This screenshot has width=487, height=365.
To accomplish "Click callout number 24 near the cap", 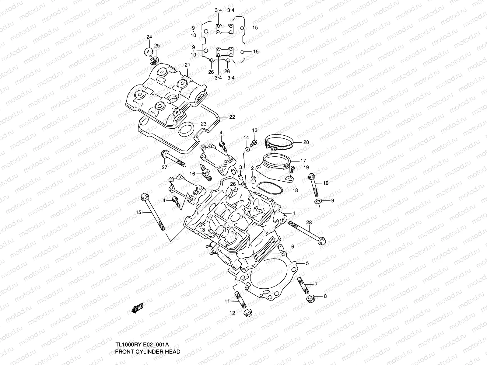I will point(149,37).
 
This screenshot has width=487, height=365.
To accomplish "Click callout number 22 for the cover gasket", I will point(232,117).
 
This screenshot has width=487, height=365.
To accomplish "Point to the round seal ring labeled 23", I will point(186,129).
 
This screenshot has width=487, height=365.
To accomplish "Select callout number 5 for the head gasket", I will point(307,263).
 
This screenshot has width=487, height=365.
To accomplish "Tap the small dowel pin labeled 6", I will point(282,246).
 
